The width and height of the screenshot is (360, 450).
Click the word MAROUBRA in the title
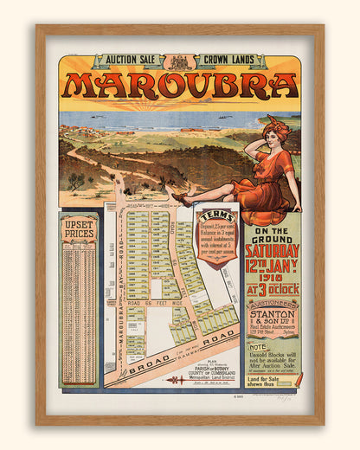tap(179, 86)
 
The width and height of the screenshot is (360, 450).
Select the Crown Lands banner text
tap(231, 61)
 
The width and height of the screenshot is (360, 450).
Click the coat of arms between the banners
tap(180, 62)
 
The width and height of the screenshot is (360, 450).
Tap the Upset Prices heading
tap(78, 229)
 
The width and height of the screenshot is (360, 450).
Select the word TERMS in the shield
tap(216, 217)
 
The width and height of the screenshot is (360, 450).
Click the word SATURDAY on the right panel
tap(271, 251)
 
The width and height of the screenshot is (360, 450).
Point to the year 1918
tap(272, 279)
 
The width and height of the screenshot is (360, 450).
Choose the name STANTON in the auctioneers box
tap(271, 316)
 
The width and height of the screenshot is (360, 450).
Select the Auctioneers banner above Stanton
tap(271, 305)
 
